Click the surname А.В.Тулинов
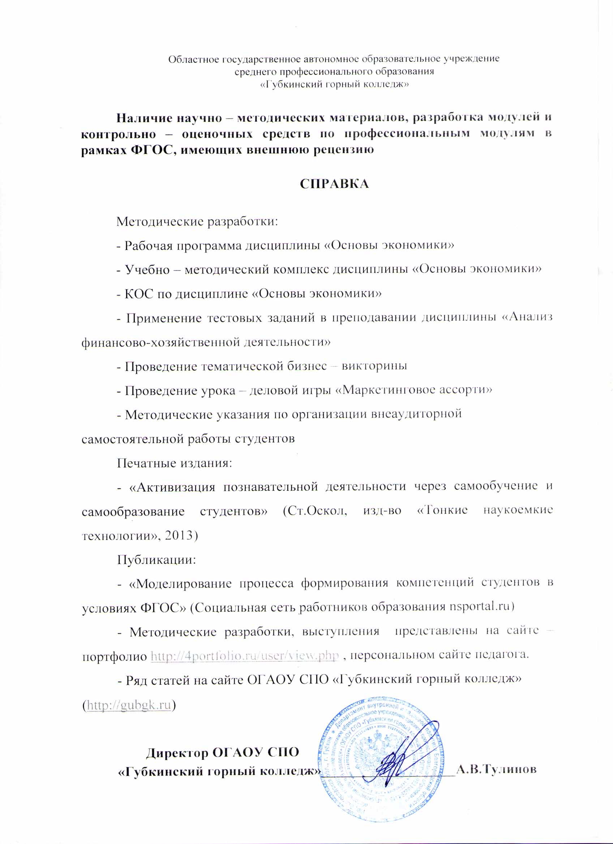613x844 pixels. tap(496, 770)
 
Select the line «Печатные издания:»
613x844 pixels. tap(175, 463)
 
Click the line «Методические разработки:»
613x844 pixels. tap(197, 222)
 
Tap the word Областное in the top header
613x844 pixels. tap(194, 59)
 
